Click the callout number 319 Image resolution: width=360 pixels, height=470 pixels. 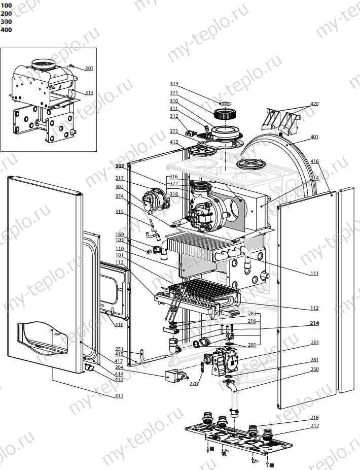(x=174, y=84)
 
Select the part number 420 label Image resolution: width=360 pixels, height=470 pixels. (x=314, y=104)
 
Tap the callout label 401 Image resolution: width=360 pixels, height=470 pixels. (x=314, y=137)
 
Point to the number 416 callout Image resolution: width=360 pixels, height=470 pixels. (x=314, y=161)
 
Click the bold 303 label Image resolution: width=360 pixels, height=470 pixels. (x=119, y=166)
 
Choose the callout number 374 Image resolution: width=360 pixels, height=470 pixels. (x=119, y=196)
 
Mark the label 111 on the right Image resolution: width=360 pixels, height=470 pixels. (x=314, y=274)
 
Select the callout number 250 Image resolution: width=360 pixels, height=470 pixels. (x=314, y=370)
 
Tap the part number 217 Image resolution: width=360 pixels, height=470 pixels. (x=314, y=426)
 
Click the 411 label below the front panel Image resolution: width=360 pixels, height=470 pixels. (x=119, y=395)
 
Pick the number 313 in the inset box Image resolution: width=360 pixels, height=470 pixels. (x=89, y=93)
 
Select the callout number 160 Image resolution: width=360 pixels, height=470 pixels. (x=119, y=234)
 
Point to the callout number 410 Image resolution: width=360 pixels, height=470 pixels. (x=119, y=325)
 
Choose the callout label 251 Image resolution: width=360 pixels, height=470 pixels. (x=119, y=349)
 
